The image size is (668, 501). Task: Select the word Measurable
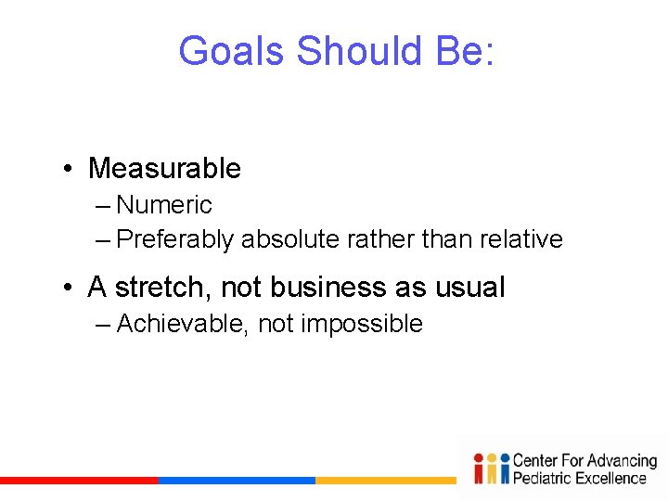pyautogui.click(x=164, y=169)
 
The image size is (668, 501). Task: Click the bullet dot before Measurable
pyautogui.click(x=70, y=170)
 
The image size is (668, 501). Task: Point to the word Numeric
pyautogui.click(x=164, y=205)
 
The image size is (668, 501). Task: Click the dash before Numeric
pyautogui.click(x=103, y=205)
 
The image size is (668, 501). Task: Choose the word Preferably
pyautogui.click(x=175, y=239)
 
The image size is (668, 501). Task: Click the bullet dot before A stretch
pyautogui.click(x=70, y=289)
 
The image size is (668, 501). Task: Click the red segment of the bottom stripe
pyautogui.click(x=79, y=481)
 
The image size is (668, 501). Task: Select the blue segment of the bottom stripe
pyautogui.click(x=237, y=481)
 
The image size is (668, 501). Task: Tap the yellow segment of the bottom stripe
pyautogui.click(x=385, y=481)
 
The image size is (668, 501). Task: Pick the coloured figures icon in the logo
pyautogui.click(x=491, y=469)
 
